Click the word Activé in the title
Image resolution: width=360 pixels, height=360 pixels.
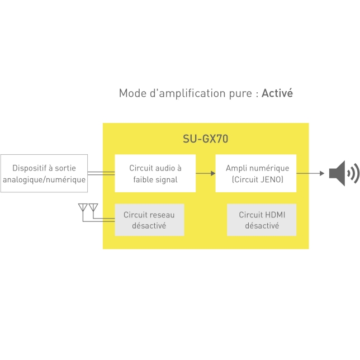(x=277, y=93)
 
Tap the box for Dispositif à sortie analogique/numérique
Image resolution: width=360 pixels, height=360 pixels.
(x=44, y=173)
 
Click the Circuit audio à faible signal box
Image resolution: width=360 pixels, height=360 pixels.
(x=155, y=173)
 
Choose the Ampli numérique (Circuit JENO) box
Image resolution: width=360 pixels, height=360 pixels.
(x=255, y=173)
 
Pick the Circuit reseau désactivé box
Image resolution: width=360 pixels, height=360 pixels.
(x=149, y=220)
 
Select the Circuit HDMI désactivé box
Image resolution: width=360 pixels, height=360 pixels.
(x=262, y=220)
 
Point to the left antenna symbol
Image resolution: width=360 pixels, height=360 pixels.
(x=83, y=209)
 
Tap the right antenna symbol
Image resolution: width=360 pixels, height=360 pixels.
(x=93, y=209)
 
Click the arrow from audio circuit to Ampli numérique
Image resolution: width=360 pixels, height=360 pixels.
(x=206, y=173)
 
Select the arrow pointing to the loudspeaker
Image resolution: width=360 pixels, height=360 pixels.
(x=311, y=173)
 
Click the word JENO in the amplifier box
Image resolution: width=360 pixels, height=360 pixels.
(x=272, y=179)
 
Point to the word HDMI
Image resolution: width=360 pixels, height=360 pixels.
(x=275, y=215)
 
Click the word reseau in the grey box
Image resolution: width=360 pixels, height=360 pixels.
(x=162, y=215)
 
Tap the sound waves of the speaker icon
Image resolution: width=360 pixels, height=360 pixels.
(x=353, y=174)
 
